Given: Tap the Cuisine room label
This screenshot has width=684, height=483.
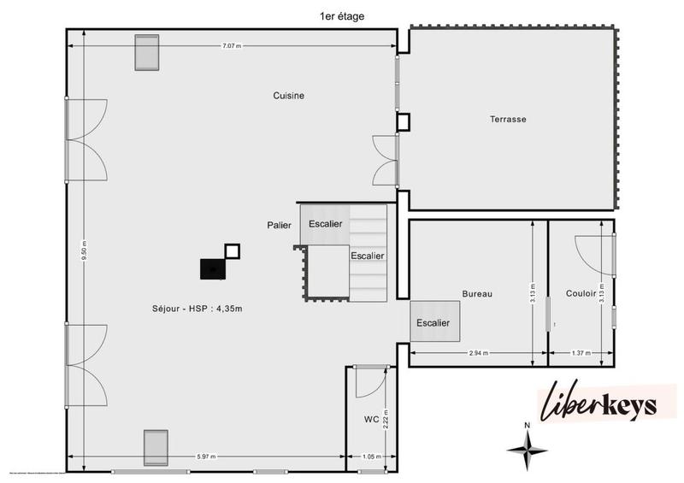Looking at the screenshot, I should pos(289,96).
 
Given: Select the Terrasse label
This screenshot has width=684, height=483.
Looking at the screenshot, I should pos(508,119).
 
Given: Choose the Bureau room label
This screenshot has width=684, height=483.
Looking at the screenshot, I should pos(476,293).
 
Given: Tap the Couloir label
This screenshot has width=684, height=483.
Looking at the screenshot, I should pos(581,293).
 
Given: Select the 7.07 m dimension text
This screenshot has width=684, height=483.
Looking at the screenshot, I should pos(232,45).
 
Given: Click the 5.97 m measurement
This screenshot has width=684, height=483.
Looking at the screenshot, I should pos(206,456).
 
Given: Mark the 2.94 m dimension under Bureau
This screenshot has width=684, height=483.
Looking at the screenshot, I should pos(478,352).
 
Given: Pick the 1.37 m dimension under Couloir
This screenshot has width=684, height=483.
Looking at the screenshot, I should pos(581,352).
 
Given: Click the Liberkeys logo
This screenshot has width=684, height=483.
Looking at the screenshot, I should pos(598,403).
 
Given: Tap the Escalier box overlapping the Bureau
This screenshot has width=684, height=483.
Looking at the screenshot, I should pos(434,322).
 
